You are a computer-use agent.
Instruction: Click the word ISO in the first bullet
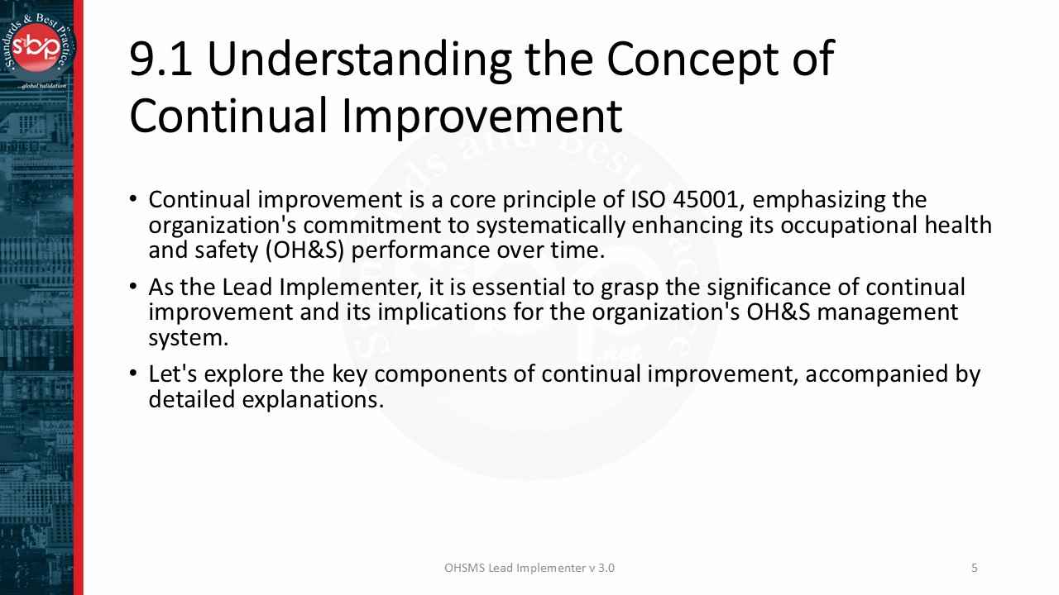[648, 200]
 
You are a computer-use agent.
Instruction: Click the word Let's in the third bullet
[173, 374]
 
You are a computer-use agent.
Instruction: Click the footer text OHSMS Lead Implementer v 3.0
[529, 568]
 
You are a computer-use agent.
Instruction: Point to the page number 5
[975, 568]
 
